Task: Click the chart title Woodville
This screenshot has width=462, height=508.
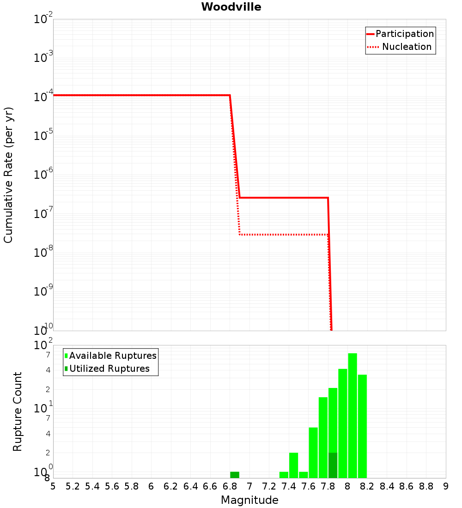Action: [231, 7]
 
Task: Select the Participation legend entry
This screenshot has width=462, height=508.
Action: [400, 34]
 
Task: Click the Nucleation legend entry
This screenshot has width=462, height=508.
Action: [400, 47]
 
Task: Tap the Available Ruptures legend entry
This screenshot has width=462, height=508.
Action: [111, 356]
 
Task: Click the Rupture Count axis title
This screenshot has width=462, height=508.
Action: [18, 411]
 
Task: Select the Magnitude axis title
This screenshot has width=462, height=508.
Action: [249, 500]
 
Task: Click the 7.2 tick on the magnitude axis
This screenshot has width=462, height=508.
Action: [269, 486]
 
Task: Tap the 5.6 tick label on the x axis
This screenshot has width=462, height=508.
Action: [112, 486]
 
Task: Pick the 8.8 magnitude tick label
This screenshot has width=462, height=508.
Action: [426, 486]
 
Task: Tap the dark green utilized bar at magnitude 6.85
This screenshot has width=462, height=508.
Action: [235, 475]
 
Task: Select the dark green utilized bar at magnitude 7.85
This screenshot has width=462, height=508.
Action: [333, 465]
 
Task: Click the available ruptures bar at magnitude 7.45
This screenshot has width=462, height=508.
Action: [293, 465]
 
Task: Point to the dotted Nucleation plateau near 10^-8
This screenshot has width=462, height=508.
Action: [284, 235]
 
